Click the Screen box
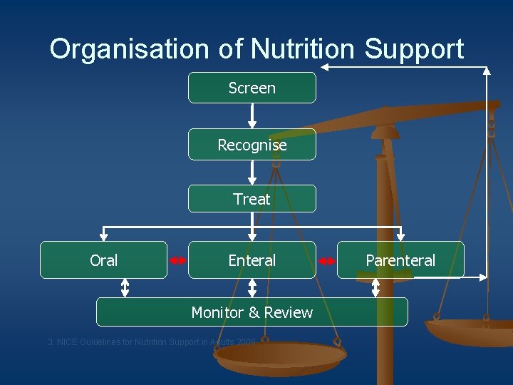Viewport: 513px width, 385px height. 252,88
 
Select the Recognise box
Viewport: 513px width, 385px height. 252,145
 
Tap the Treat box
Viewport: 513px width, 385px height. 252,199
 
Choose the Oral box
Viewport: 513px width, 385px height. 103,260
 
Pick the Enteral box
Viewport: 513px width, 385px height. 252,260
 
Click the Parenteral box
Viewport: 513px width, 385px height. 400,260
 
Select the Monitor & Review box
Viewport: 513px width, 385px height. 252,312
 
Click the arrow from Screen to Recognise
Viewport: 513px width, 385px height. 252,115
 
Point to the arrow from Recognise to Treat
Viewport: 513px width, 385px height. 252,172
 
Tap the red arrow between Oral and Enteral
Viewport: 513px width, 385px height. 178,261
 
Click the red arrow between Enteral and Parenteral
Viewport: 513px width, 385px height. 326,261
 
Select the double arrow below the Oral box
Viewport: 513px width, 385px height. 125,287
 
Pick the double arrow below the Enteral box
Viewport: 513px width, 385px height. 252,287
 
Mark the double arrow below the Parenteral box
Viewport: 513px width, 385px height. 376,287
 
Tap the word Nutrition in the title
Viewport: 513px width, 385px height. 304,49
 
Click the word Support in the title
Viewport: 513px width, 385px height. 414,49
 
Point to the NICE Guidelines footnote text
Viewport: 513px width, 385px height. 151,342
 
